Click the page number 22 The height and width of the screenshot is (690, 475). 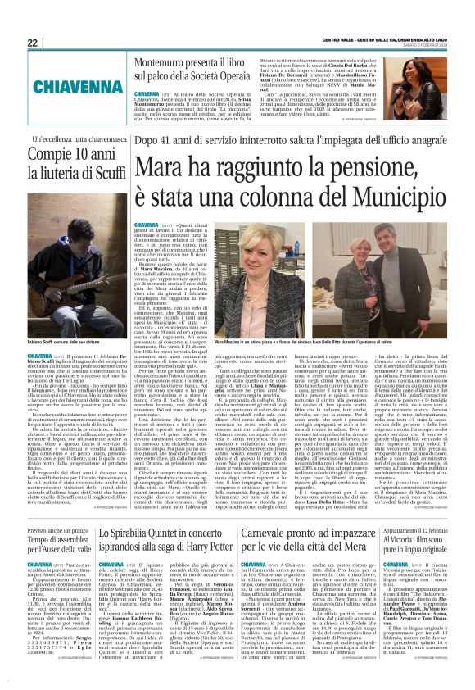pos(32,43)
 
